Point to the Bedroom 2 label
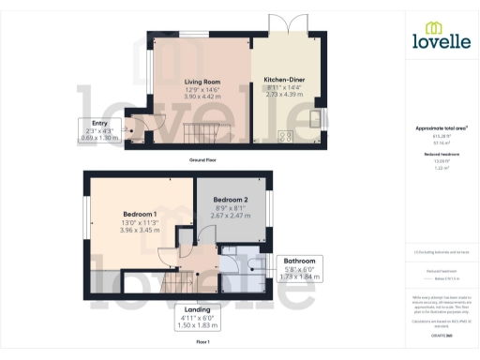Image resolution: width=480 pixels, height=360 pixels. point(230,200)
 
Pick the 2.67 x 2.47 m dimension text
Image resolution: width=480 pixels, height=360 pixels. point(230,215)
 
